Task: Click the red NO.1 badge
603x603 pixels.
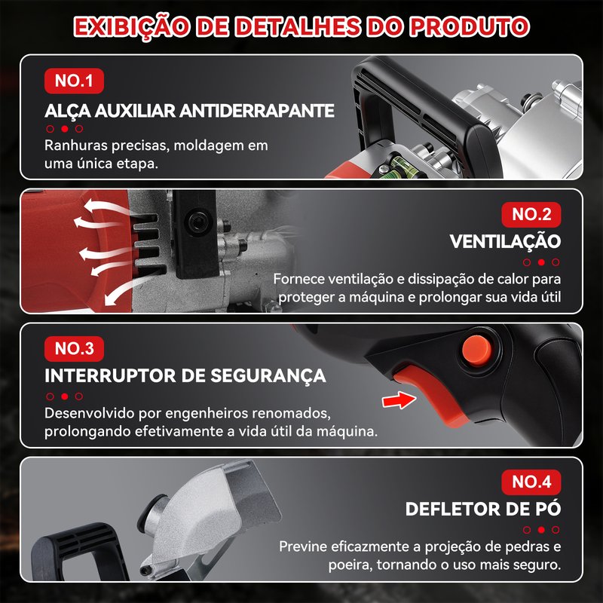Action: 74,81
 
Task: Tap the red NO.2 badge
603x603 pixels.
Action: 531,215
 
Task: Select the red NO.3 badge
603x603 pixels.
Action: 74,349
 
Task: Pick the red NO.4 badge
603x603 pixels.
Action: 531,482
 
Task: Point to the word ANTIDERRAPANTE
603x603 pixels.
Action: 256,111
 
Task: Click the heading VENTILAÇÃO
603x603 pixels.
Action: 505,241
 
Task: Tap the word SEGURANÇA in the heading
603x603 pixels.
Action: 268,375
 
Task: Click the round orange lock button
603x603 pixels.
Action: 477,350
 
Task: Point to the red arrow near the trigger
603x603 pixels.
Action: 399,400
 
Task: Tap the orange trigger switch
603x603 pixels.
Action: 427,392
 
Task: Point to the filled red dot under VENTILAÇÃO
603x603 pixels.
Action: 541,262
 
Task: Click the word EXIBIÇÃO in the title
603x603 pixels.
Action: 131,28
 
